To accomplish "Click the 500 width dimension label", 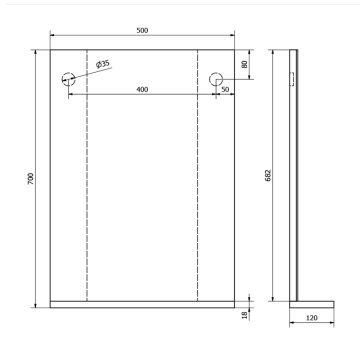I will [142, 30].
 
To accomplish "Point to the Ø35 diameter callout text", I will [104, 65].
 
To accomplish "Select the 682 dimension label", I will [265, 172].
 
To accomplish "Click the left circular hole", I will [68, 78].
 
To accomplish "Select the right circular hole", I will [216, 78].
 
